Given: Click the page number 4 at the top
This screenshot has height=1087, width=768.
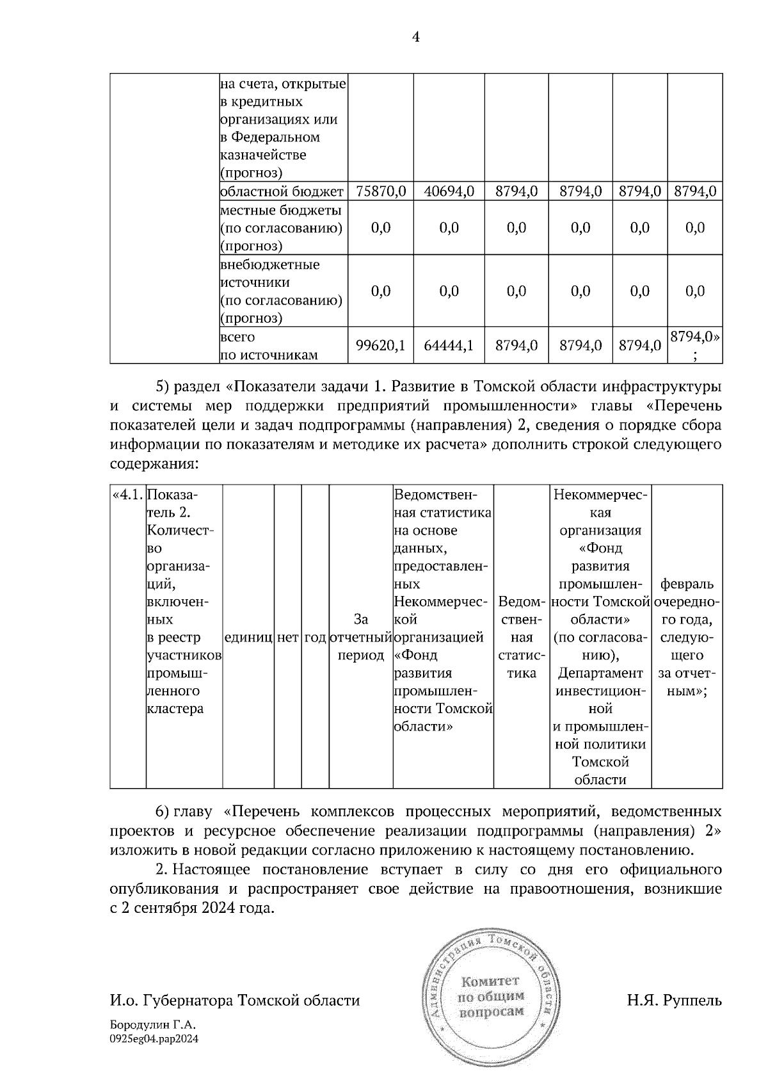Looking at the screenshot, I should pos(416,38).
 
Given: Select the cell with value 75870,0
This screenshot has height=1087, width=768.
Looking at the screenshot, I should pos(381,191).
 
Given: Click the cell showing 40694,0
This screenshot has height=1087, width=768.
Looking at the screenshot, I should pos(449,191).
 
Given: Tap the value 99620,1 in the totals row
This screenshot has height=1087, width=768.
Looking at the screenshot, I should pos(381,346).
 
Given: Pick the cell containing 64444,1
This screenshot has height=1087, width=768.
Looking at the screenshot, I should pos(449,346).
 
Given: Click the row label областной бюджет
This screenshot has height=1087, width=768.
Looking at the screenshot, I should pos(282,191).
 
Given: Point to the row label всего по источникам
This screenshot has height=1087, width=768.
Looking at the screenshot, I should pos(269,346).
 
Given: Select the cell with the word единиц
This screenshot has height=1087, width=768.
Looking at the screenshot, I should pos(248,638).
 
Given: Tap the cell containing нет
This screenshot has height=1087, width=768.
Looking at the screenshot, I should pos(289,638).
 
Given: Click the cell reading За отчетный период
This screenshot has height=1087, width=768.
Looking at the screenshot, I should pos(361,638).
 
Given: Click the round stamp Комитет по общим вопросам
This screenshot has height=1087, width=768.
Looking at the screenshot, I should pos(492,997).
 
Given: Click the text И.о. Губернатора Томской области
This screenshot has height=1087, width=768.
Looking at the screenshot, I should pos(235,1000).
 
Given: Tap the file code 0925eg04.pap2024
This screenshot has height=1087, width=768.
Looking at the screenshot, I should pos(154,1039).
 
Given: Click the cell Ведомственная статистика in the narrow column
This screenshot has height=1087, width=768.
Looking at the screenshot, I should pos(522,638).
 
